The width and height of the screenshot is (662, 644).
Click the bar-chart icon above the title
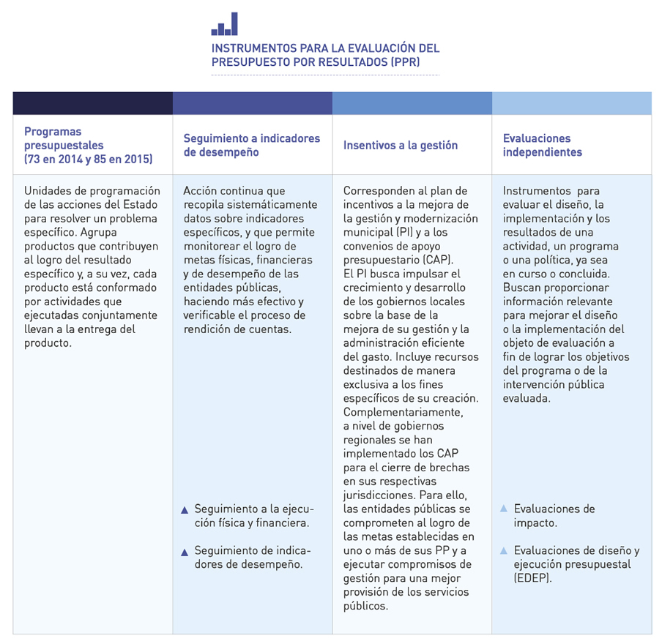(224, 24)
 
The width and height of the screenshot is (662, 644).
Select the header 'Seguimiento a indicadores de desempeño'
(251, 145)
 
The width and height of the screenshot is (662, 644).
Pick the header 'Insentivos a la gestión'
(401, 145)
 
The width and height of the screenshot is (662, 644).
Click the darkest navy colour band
(92, 103)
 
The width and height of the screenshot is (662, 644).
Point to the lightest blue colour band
(571, 103)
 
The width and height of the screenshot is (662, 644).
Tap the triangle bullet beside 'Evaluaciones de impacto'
(504, 509)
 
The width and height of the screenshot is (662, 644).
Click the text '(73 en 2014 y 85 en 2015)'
(88, 159)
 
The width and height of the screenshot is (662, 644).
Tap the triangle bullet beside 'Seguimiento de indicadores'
(185, 551)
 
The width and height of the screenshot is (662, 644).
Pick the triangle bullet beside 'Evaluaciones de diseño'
(504, 550)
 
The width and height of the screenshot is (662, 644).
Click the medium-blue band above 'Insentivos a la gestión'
(412, 103)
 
